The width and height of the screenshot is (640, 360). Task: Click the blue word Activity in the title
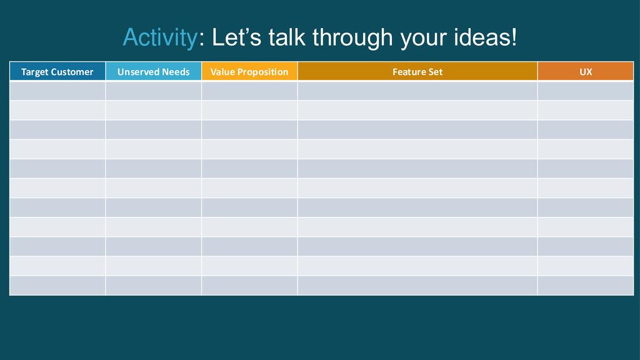click(x=160, y=38)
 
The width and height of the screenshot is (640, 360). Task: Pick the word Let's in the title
click(x=236, y=37)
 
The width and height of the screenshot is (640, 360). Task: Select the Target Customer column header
click(x=57, y=71)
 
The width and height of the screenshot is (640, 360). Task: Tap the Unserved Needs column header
click(x=154, y=71)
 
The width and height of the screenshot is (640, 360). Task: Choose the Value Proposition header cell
click(x=249, y=71)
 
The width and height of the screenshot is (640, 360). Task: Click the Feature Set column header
click(x=417, y=71)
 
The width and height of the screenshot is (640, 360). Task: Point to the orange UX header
click(x=586, y=71)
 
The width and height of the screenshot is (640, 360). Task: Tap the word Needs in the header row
click(x=176, y=72)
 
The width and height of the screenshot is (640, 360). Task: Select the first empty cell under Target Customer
click(x=57, y=91)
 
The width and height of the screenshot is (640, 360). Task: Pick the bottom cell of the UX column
click(x=586, y=285)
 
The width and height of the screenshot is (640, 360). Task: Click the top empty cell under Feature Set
click(x=417, y=91)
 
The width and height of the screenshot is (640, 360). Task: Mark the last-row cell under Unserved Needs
click(x=154, y=285)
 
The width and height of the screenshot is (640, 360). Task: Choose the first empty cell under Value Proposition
click(x=249, y=91)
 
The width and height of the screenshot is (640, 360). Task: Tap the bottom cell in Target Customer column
click(x=57, y=285)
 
